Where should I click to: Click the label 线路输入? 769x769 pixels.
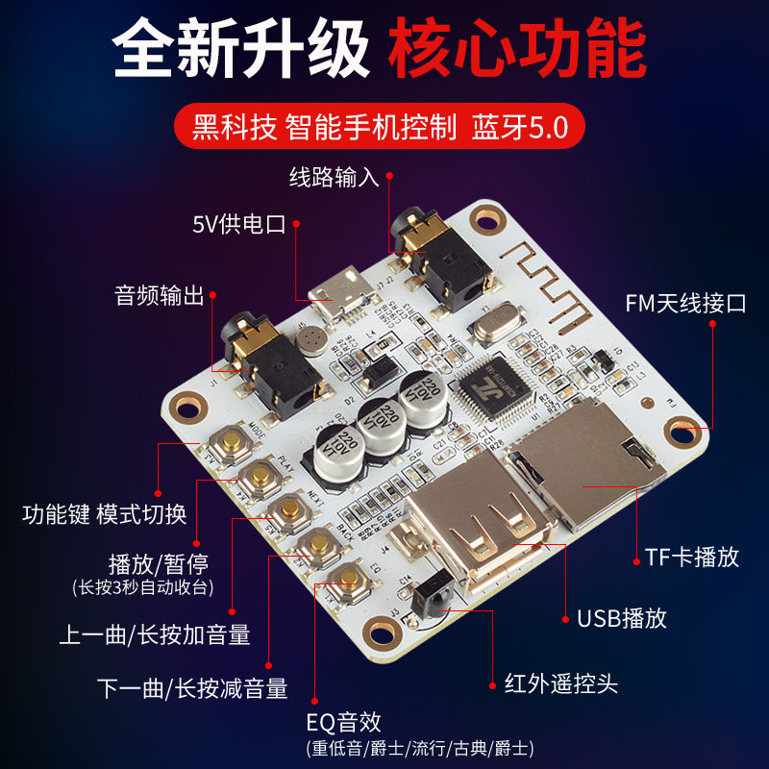pyautogui.click(x=335, y=177)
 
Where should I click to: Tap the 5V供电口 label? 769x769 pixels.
pyautogui.click(x=239, y=225)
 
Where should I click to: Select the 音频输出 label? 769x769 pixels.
pyautogui.click(x=160, y=296)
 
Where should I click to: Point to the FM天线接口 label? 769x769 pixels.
pyautogui.click(x=685, y=304)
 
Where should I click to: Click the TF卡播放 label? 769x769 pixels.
pyautogui.click(x=692, y=556)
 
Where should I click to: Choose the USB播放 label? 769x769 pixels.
pyautogui.click(x=622, y=617)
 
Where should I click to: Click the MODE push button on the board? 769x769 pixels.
pyautogui.click(x=231, y=443)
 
